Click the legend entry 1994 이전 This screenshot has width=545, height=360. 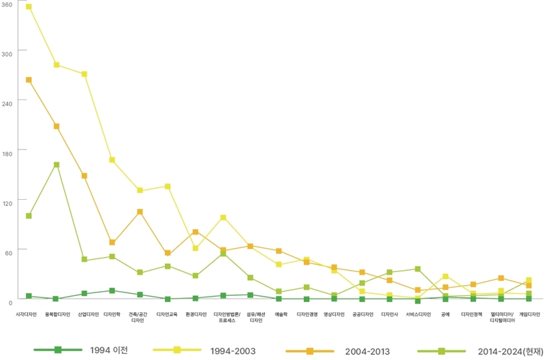pos(109,350)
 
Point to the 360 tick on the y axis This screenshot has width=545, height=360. pos(7,5)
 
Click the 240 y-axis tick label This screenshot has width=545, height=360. pos(7,100)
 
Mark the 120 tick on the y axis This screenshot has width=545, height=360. pos(7,201)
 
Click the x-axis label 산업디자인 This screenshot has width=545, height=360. pos(88,314)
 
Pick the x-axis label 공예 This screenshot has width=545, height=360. pos(446,314)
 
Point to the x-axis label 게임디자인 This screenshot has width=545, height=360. pos(529,314)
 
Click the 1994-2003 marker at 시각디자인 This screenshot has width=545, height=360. pos(29,7)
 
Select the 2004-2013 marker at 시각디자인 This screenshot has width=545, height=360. pos(29,80)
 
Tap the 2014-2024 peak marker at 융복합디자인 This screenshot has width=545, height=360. pos(57,164)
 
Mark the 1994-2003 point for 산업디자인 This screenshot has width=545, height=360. pos(84,74)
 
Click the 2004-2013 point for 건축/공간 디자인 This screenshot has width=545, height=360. pos(140,211)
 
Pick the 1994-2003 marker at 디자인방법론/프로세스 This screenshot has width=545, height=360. pos(223,217)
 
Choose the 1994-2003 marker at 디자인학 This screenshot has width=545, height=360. pos(112,160)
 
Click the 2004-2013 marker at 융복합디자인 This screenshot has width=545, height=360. pos(57,126)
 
